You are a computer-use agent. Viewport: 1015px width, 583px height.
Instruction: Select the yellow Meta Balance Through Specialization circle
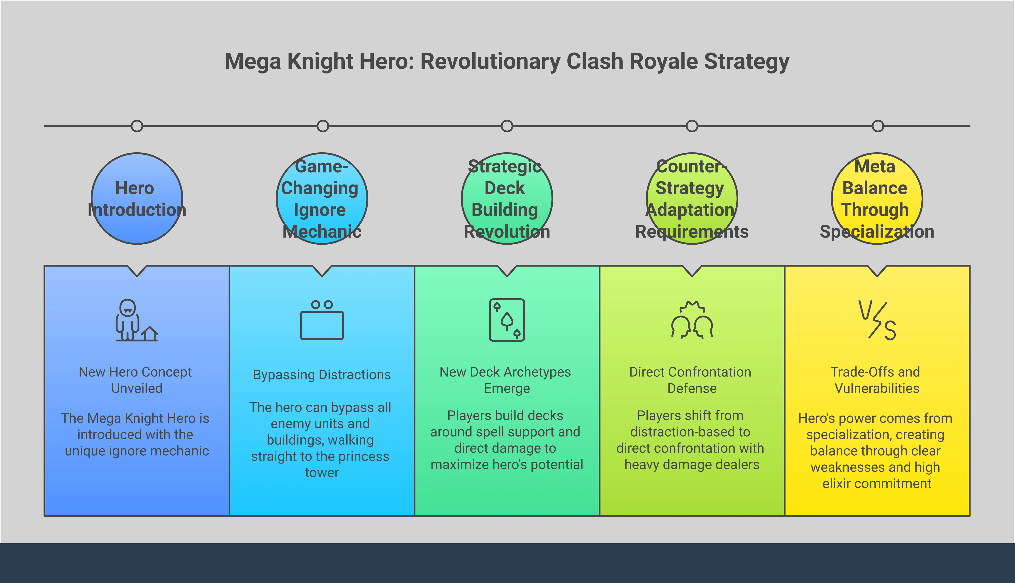877,199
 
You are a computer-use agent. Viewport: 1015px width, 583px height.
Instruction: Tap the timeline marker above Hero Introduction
137,126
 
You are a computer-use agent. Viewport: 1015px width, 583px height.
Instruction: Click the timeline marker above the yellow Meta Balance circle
878,126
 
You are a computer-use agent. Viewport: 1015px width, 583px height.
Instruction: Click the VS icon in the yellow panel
877,320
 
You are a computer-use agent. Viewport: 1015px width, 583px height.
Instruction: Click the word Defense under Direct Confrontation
692,388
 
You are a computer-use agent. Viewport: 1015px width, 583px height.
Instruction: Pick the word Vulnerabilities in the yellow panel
877,388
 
